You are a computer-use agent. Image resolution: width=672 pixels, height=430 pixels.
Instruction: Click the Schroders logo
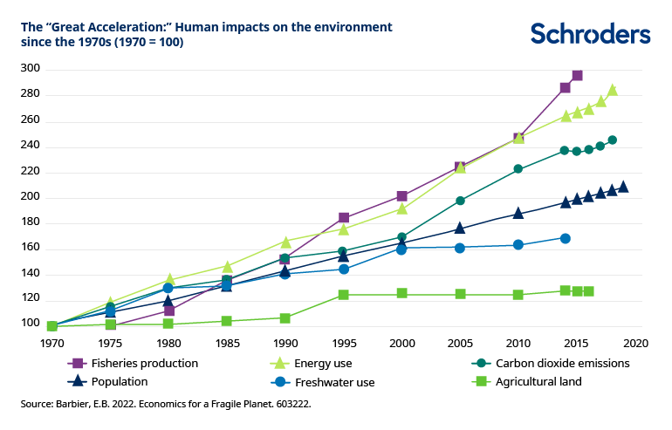(590, 34)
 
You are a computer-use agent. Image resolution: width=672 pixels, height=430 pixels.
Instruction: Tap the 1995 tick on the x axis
(343, 343)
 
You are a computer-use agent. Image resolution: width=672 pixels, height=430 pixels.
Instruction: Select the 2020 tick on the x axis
(634, 343)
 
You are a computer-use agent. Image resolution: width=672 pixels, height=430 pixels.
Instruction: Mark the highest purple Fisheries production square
(577, 76)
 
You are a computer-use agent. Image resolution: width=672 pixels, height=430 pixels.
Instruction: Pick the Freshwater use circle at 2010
(518, 245)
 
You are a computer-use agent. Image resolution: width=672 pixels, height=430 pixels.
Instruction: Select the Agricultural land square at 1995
(343, 295)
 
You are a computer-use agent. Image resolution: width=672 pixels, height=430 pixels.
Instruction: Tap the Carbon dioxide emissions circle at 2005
(460, 201)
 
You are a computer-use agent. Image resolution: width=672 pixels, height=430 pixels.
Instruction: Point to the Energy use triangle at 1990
(285, 241)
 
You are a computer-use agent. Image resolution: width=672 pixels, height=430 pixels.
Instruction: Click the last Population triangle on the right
(622, 187)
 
